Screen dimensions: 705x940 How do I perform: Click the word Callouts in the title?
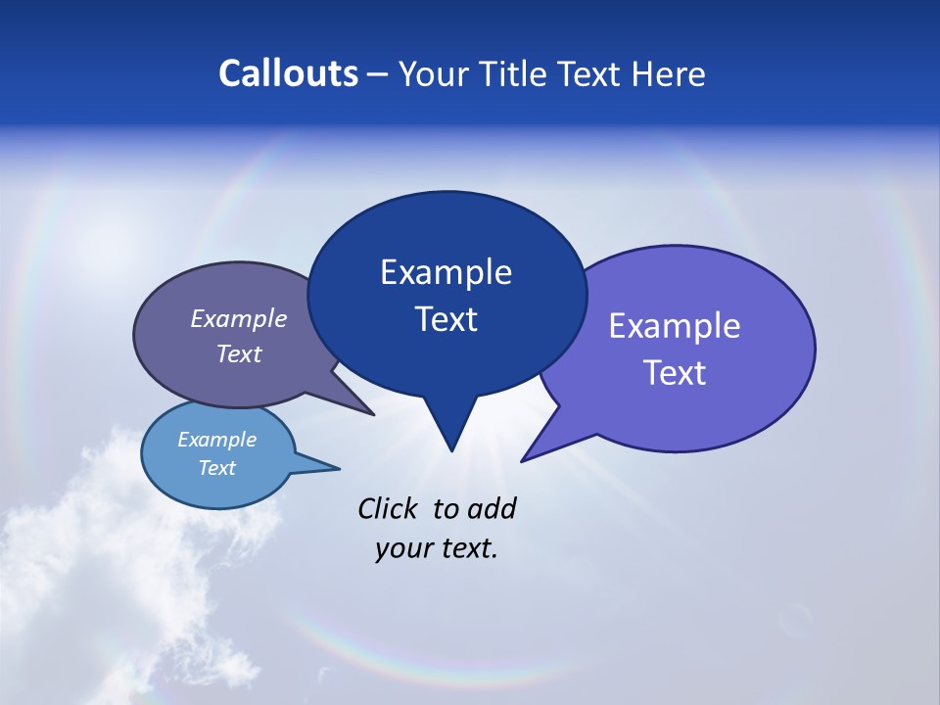pyautogui.click(x=288, y=73)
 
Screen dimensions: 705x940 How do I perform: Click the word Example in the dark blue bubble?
pyautogui.click(x=446, y=272)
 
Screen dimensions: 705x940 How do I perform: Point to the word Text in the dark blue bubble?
pyautogui.click(x=446, y=319)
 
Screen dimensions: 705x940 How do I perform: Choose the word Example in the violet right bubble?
pyautogui.click(x=675, y=326)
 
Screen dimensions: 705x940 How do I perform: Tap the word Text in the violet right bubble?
pyautogui.click(x=675, y=373)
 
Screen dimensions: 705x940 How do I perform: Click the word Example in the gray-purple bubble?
pyautogui.click(x=239, y=319)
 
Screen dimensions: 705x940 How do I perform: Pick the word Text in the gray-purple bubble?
pyautogui.click(x=239, y=353)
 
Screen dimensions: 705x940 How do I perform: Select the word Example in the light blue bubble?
pyautogui.click(x=217, y=440)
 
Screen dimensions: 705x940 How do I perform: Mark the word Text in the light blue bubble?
pyautogui.click(x=217, y=468)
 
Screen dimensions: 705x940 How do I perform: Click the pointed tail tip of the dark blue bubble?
pyautogui.click(x=451, y=450)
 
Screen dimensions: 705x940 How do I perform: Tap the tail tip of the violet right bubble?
pyautogui.click(x=522, y=460)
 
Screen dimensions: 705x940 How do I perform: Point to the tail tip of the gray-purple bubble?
pyautogui.click(x=373, y=415)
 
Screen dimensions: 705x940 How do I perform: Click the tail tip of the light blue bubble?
pyautogui.click(x=339, y=467)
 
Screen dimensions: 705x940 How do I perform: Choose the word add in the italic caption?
pyautogui.click(x=492, y=509)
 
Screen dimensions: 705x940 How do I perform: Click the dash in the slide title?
pyautogui.click(x=378, y=75)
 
